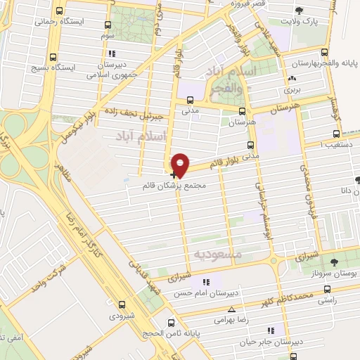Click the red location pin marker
181,164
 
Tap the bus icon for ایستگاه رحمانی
58,11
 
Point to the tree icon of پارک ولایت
300,10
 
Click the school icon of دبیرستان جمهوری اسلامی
110,53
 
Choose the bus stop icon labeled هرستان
242,111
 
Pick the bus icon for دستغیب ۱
335,133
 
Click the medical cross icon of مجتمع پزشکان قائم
174,174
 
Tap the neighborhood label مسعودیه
217,252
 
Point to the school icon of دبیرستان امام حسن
206,283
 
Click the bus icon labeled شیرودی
122,305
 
